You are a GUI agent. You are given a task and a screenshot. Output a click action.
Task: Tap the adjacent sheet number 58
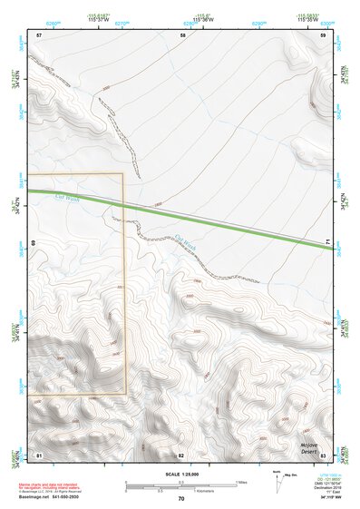[183, 34]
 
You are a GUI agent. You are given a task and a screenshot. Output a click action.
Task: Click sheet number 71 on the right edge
[327, 241]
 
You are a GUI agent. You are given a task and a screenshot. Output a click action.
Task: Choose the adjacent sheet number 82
[181, 454]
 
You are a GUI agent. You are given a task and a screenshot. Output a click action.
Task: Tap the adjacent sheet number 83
[323, 454]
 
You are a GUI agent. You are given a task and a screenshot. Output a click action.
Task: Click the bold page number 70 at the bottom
[181, 499]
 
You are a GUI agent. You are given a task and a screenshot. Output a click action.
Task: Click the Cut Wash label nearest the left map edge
[67, 197]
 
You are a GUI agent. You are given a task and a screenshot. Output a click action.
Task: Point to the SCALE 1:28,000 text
[180, 475]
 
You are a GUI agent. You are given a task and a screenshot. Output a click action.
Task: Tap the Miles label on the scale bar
[243, 482]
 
